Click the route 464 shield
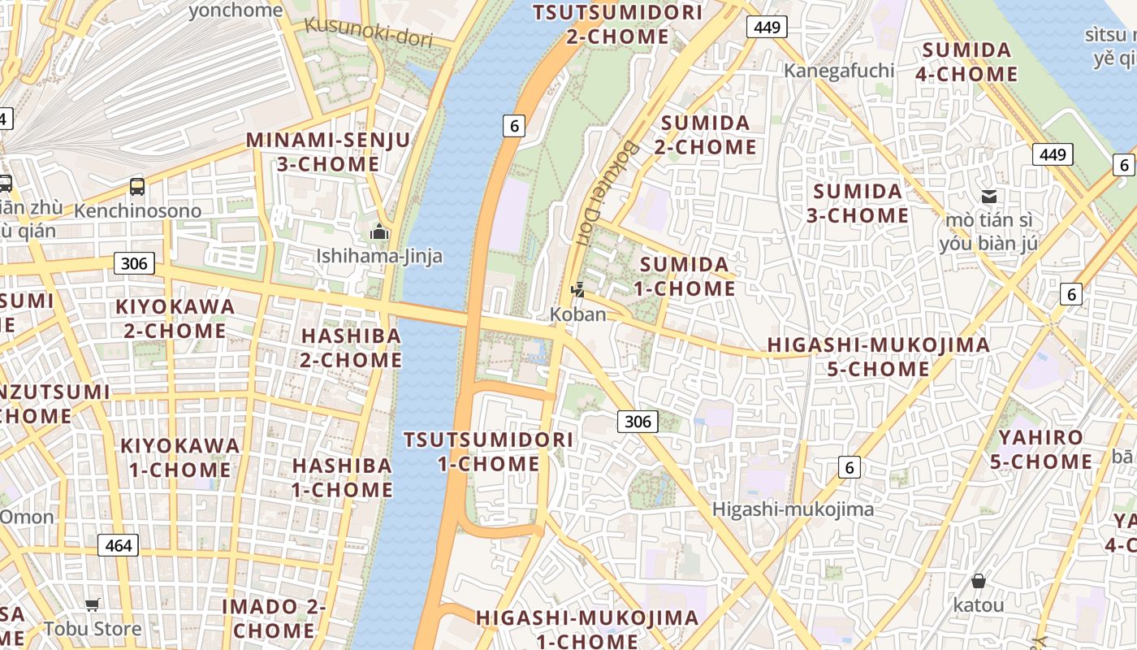[119, 545]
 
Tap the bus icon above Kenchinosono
[137, 187]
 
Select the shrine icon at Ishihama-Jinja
[379, 233]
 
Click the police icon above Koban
[578, 289]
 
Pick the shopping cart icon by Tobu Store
[93, 604]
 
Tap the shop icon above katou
[979, 581]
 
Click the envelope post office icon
[989, 196]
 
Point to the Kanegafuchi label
[839, 71]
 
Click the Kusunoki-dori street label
[369, 32]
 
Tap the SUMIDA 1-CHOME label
[686, 276]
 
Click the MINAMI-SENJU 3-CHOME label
[328, 152]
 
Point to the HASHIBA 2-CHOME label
[351, 348]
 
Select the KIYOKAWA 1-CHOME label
[179, 457]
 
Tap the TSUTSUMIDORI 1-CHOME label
[488, 452]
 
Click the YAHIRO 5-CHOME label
[1040, 449]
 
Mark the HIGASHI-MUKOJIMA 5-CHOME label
[879, 357]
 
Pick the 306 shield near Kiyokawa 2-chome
[134, 262]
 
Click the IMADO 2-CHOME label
[274, 618]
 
